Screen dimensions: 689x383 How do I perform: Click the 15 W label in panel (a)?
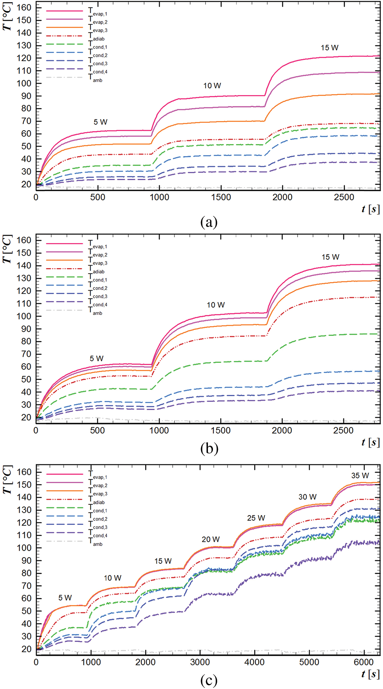point(329,48)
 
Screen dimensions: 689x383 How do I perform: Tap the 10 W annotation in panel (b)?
point(216,305)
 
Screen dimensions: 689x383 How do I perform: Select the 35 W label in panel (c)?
point(360,476)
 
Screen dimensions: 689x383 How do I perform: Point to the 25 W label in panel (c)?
point(256,518)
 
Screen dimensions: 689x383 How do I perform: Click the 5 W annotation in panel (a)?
point(100,122)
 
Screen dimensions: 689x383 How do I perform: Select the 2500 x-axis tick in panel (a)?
point(344,197)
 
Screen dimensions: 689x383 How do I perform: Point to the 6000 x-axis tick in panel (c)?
point(364,662)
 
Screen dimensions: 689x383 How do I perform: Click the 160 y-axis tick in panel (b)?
point(24,240)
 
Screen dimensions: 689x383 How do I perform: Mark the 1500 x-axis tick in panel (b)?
point(220,430)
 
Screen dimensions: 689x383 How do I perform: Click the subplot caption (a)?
point(209,222)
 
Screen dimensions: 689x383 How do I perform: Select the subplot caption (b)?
point(209,448)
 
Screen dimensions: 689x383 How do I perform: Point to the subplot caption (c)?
point(209,680)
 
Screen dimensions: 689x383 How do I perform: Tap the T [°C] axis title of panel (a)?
point(8,17)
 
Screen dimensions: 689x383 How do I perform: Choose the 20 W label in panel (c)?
point(211,539)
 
